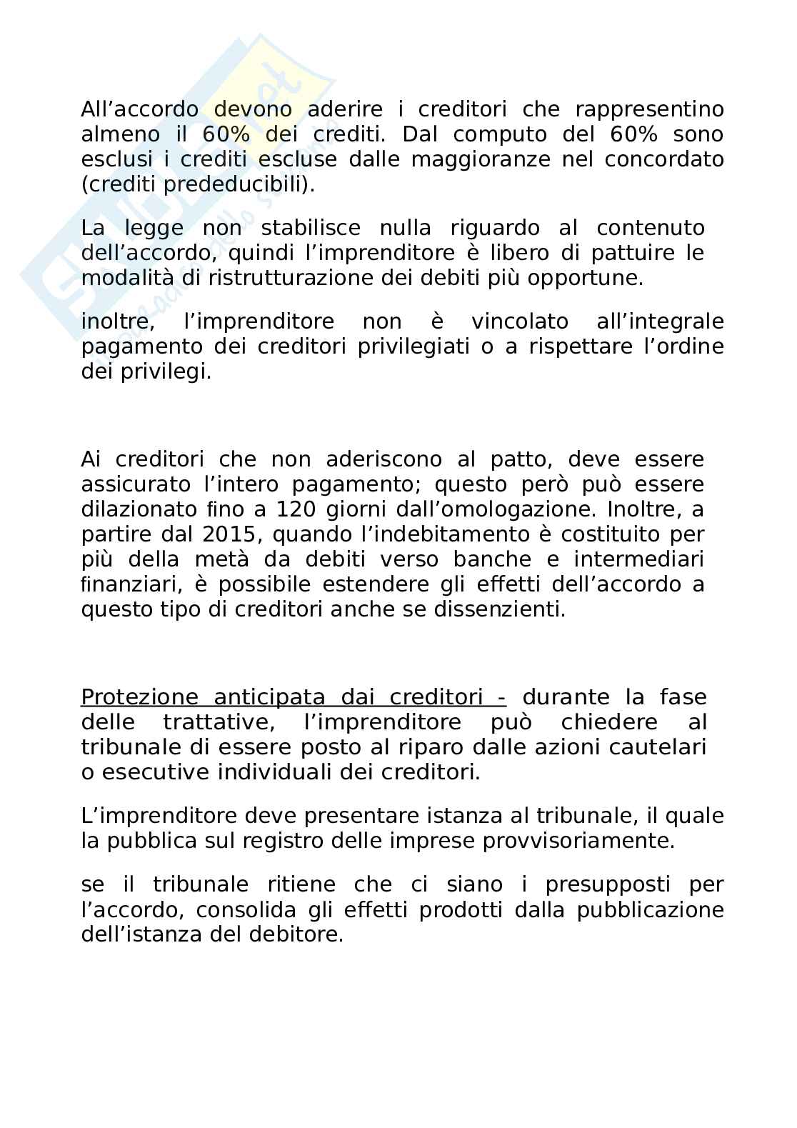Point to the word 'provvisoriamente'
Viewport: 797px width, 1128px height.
point(578,841)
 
